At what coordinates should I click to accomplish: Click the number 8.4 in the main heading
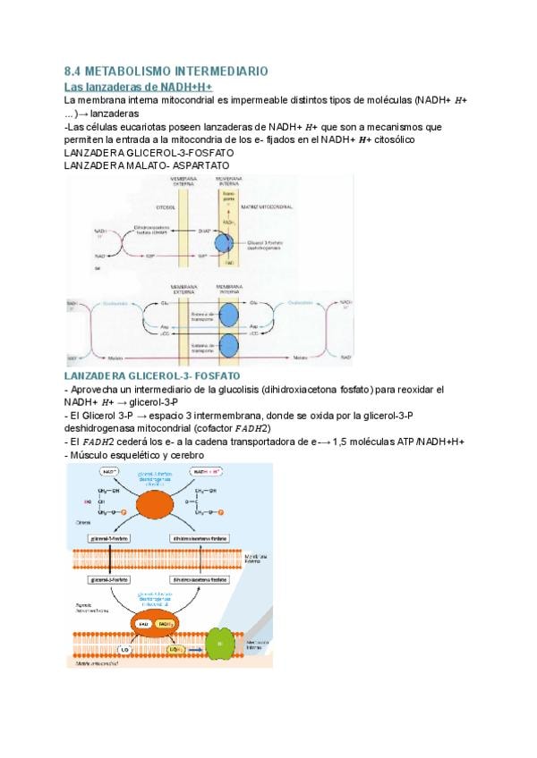[75, 70]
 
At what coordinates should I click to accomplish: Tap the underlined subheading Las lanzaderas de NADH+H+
[139, 87]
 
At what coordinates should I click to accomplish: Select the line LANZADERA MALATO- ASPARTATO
[147, 166]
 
